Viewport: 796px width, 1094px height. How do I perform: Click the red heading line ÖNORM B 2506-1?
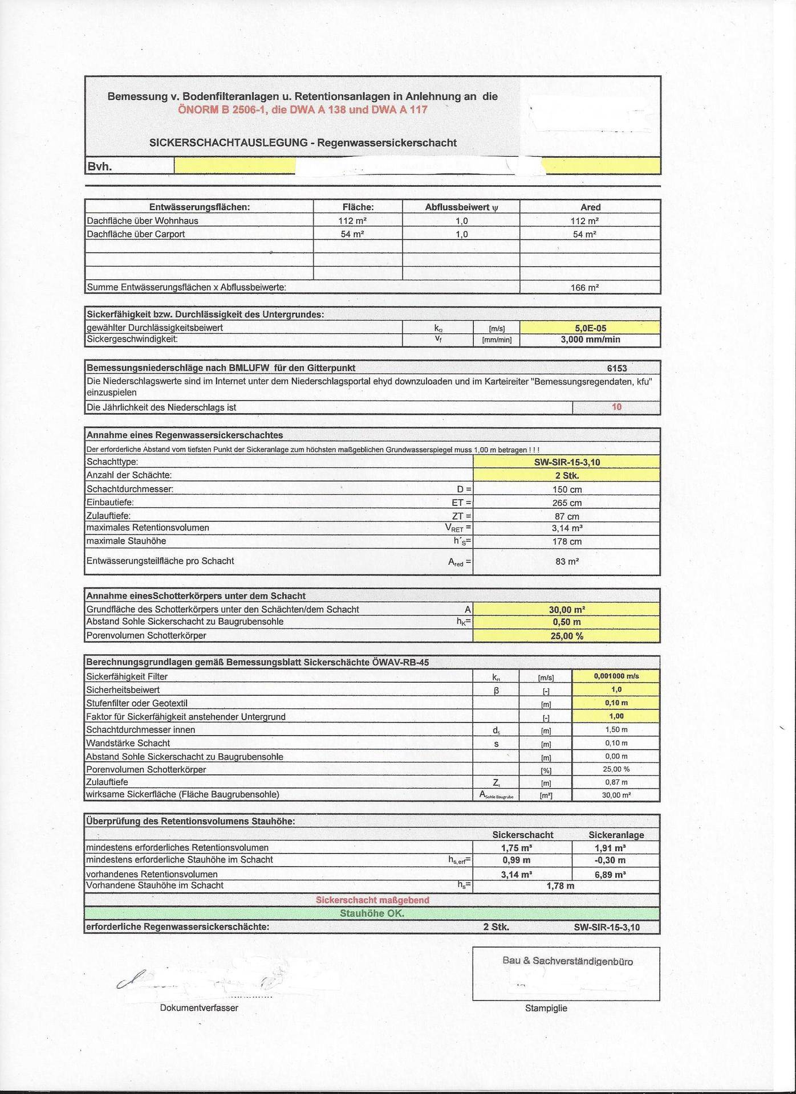pyautogui.click(x=302, y=109)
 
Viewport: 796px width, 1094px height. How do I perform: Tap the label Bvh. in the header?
pyautogui.click(x=99, y=166)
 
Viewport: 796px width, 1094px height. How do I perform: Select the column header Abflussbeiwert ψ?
pyautogui.click(x=461, y=207)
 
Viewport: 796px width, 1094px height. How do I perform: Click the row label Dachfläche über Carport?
pyautogui.click(x=136, y=234)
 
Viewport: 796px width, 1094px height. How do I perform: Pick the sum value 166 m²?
pyautogui.click(x=585, y=288)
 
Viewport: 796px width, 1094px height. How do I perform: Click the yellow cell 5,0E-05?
pyautogui.click(x=590, y=328)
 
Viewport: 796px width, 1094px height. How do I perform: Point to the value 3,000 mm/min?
pyautogui.click(x=590, y=340)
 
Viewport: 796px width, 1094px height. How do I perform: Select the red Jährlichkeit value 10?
pyautogui.click(x=616, y=407)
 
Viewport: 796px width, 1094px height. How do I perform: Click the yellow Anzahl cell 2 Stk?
pyautogui.click(x=567, y=475)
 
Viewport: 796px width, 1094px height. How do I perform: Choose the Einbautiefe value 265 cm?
pyautogui.click(x=567, y=503)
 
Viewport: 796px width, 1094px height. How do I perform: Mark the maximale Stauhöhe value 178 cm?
pyautogui.click(x=567, y=541)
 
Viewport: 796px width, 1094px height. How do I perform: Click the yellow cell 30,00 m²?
pyautogui.click(x=567, y=610)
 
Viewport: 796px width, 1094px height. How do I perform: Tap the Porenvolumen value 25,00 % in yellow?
pyautogui.click(x=567, y=636)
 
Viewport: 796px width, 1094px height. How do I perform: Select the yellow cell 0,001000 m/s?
pyautogui.click(x=616, y=676)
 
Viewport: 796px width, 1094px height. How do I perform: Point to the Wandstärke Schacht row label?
pyautogui.click(x=128, y=743)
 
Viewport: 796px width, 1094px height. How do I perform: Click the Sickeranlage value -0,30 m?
pyautogui.click(x=610, y=860)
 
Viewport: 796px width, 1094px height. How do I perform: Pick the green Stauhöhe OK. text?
pyautogui.click(x=372, y=913)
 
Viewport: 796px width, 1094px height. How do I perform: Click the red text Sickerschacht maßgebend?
pyautogui.click(x=372, y=900)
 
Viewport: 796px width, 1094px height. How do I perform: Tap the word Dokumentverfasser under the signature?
pyautogui.click(x=199, y=1007)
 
